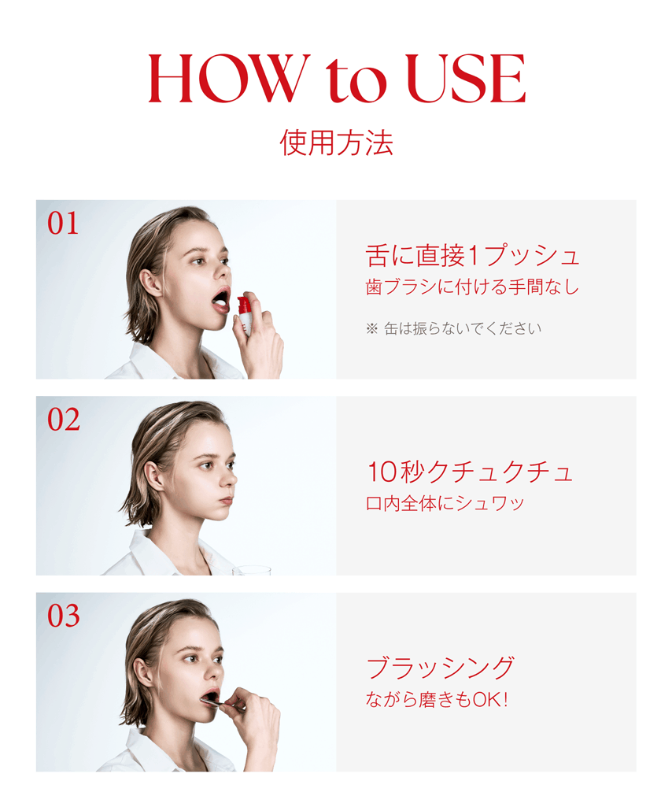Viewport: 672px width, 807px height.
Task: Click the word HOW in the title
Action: point(229,78)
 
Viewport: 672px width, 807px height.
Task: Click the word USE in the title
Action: point(466,78)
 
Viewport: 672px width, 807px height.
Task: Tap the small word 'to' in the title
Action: point(356,80)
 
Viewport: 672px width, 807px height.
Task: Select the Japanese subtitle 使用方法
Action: point(337,142)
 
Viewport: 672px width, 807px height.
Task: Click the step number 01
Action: point(63,224)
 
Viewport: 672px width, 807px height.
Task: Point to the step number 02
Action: point(63,420)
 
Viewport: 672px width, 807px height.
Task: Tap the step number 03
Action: point(63,616)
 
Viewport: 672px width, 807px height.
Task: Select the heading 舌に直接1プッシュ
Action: point(472,256)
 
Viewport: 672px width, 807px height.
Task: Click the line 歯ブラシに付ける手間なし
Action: point(472,287)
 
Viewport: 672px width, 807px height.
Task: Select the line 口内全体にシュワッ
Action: point(445,503)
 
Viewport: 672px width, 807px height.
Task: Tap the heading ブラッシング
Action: point(440,668)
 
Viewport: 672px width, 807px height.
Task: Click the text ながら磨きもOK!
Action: point(437,699)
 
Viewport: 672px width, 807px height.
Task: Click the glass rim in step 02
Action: point(251,568)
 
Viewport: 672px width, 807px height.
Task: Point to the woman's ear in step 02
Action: point(153,476)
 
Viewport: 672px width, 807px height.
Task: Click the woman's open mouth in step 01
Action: point(221,299)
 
